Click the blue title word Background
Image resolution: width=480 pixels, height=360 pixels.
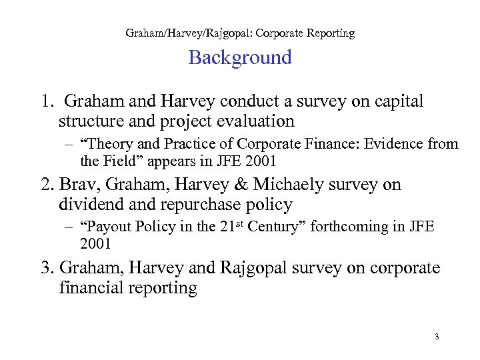240,58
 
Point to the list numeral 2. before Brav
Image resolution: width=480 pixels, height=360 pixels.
47,185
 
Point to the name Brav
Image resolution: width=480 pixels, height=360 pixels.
78,185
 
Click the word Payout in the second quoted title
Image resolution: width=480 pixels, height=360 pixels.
109,227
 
